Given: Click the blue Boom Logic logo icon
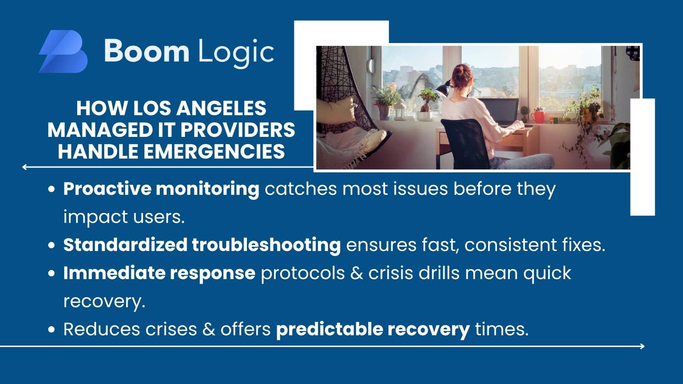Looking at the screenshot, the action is (x=63, y=51).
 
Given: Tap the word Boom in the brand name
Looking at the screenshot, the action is (x=147, y=51).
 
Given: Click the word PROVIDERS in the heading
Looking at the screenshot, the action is (x=238, y=130).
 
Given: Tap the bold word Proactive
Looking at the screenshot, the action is (x=107, y=188).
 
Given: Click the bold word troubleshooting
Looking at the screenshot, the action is (x=266, y=245).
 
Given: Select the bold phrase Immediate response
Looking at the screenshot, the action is (x=159, y=273).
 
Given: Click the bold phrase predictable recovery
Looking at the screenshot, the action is (x=373, y=329).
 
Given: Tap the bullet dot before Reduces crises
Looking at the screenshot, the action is (x=52, y=329).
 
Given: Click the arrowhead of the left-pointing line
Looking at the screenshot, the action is (x=24, y=167).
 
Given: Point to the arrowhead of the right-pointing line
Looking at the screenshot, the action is (x=642, y=346).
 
